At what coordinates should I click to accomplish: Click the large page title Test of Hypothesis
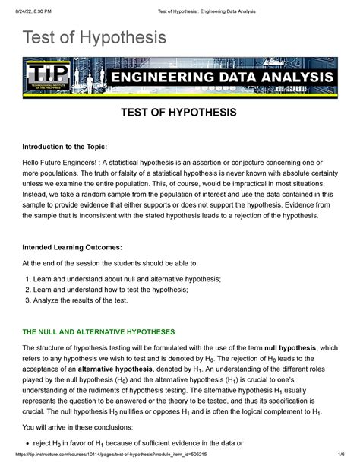(x=93, y=37)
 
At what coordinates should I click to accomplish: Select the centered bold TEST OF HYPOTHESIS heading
(x=180, y=113)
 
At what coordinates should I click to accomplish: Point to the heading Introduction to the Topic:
(x=70, y=147)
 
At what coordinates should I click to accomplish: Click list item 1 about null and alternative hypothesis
(x=122, y=280)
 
